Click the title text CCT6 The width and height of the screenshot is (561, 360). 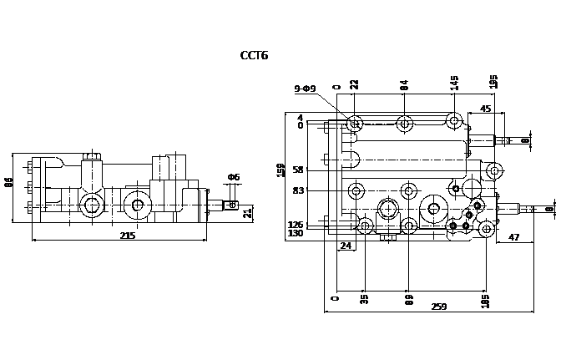[x=254, y=56]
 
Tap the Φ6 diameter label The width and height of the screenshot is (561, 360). [x=234, y=177]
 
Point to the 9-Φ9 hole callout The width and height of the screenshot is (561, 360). [x=305, y=89]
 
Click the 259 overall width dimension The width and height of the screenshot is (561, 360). [x=439, y=307]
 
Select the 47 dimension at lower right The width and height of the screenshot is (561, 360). [x=514, y=238]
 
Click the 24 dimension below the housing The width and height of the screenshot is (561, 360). [x=345, y=246]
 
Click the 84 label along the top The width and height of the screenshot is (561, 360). [x=404, y=85]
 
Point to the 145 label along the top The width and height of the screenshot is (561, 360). [x=454, y=84]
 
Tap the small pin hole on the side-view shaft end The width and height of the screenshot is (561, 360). [x=235, y=203]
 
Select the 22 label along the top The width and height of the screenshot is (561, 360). [x=354, y=85]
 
